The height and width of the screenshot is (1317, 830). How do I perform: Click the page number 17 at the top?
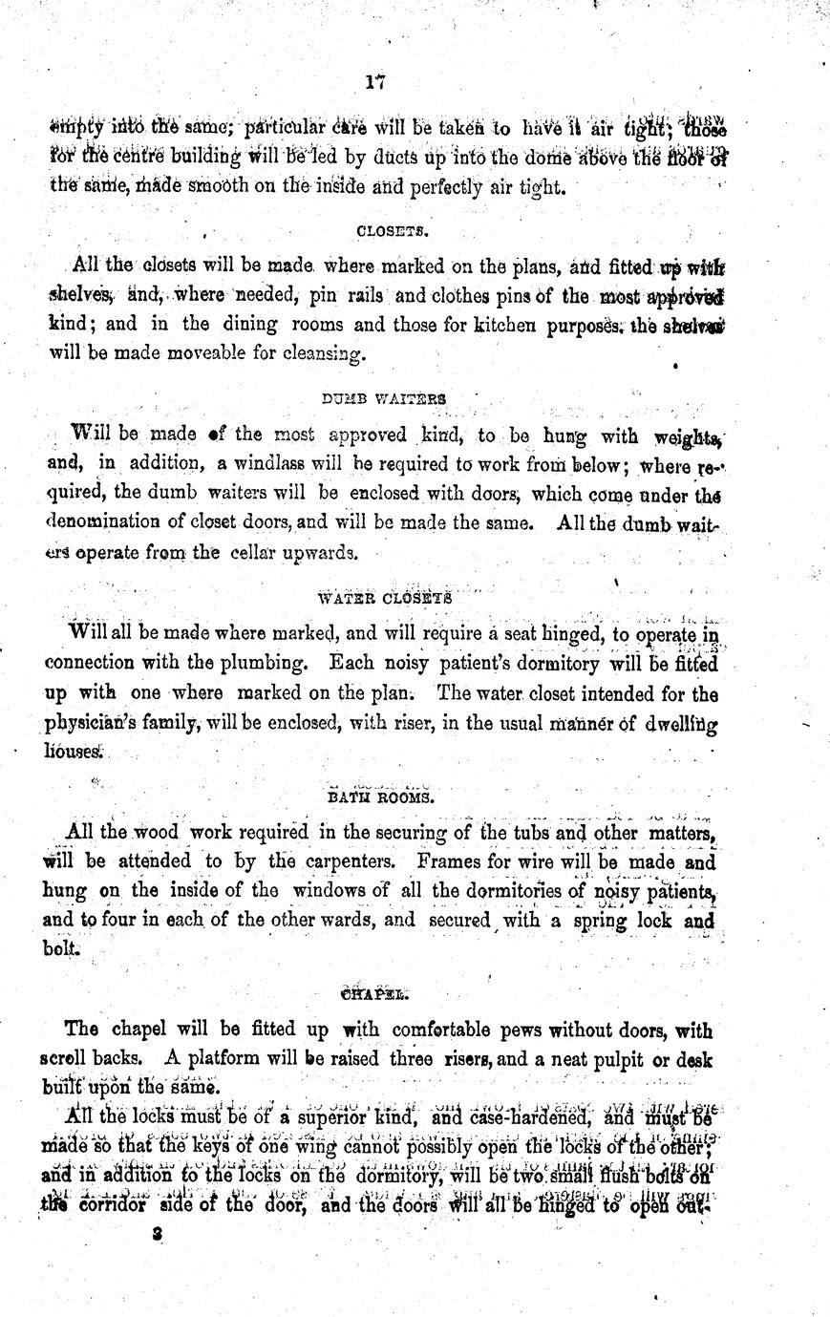(x=374, y=83)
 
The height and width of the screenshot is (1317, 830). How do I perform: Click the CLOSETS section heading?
(x=384, y=230)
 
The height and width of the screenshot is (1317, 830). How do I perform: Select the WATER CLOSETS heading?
(x=384, y=599)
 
